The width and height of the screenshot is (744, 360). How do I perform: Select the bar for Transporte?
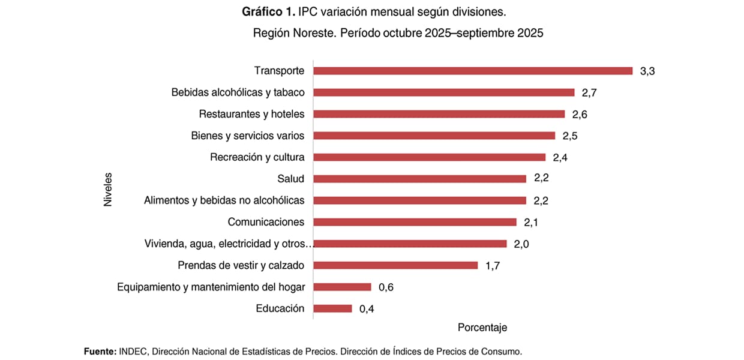[473, 71]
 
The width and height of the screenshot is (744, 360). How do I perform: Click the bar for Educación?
[332, 308]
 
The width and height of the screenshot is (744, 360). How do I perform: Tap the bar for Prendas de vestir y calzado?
[395, 265]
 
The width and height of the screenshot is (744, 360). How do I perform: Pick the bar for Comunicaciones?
[415, 222]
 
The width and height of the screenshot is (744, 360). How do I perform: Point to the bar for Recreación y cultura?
[429, 157]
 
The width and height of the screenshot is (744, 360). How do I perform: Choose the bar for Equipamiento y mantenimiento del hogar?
[342, 287]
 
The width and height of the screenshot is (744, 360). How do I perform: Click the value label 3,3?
[647, 71]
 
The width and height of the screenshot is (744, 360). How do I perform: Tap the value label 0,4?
[366, 309]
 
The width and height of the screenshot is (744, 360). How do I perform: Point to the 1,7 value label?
[492, 265]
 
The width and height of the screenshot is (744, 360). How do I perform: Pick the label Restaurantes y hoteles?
[251, 114]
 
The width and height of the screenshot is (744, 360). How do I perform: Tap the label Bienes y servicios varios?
[247, 136]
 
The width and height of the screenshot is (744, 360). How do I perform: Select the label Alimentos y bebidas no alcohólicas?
[224, 200]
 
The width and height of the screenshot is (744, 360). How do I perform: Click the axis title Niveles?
[108, 190]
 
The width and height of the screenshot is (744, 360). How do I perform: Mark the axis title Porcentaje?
[482, 328]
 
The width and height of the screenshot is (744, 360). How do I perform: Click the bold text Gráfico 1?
[267, 12]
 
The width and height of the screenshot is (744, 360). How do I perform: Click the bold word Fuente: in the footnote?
[100, 352]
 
